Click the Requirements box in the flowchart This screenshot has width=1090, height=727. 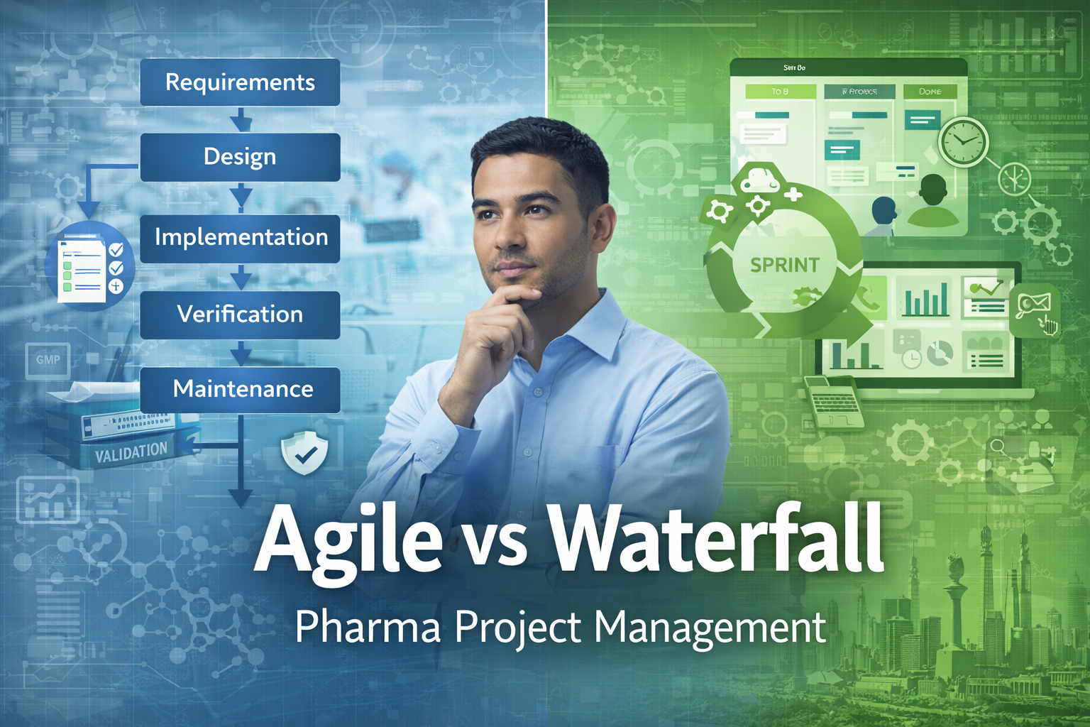tap(240, 82)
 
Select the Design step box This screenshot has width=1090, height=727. tap(240, 157)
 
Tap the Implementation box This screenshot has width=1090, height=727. tap(240, 238)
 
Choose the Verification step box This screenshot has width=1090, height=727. tap(240, 315)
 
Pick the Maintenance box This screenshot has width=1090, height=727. tap(240, 389)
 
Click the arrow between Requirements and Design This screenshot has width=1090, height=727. tap(241, 120)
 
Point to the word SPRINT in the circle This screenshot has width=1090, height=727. tap(784, 265)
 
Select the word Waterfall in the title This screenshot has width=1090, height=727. tap(717, 537)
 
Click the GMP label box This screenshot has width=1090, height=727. tap(48, 359)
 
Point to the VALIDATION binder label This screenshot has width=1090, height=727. tap(131, 452)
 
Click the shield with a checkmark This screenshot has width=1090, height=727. tap(304, 453)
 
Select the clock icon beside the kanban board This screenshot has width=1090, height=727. tap(963, 141)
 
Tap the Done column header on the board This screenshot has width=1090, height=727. tap(930, 92)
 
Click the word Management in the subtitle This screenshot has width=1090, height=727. tap(710, 627)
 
